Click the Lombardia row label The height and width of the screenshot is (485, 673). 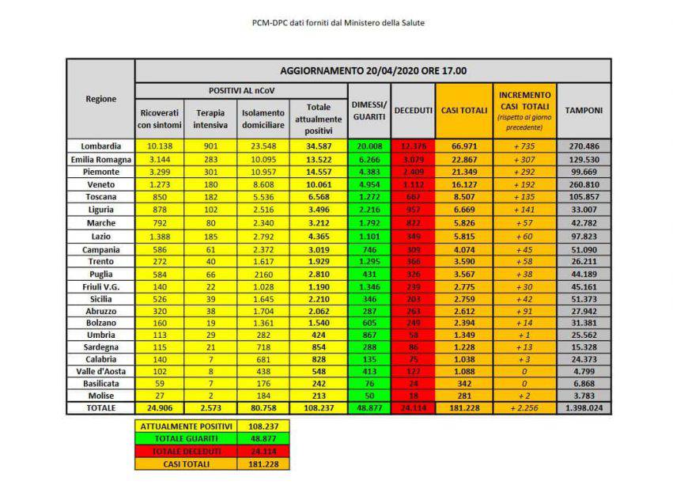click(x=100, y=146)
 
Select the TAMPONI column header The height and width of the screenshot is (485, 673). click(x=584, y=110)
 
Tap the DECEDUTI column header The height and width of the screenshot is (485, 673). click(x=412, y=110)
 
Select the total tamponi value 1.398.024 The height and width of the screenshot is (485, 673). click(x=584, y=407)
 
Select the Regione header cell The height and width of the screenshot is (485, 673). click(x=100, y=99)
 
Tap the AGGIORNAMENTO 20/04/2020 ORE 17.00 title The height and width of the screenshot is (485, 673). click(x=372, y=70)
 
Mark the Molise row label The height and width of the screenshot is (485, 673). click(x=100, y=395)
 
